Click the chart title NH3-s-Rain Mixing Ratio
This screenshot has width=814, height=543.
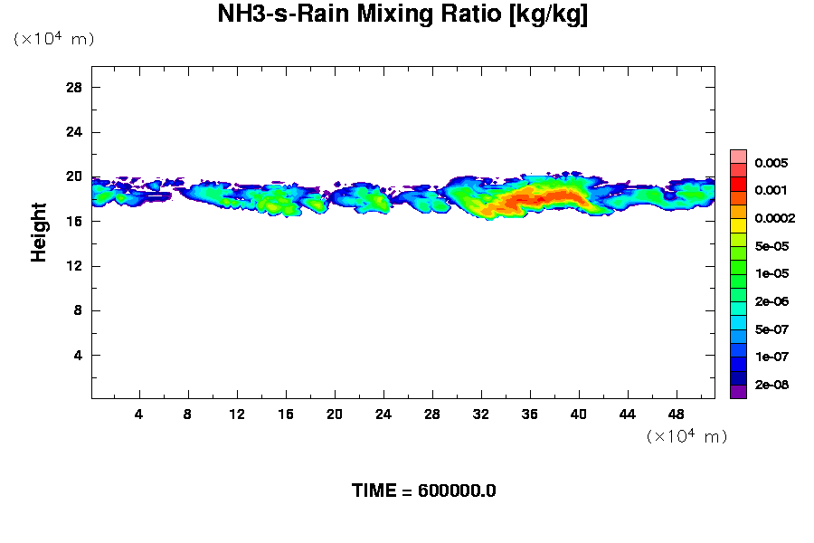point(403,15)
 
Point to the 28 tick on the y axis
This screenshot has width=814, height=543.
point(75,87)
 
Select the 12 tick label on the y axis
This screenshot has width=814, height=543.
point(75,265)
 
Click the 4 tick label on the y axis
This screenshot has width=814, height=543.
point(79,355)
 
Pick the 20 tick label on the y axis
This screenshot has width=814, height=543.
point(75,176)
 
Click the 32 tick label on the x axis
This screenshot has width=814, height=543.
point(481,414)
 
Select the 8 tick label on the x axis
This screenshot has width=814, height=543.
point(188,414)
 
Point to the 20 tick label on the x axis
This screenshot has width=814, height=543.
point(335,414)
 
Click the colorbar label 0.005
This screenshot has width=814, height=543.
point(771,163)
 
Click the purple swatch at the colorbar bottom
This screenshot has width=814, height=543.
point(738,392)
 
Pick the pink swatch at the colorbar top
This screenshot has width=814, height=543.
point(738,156)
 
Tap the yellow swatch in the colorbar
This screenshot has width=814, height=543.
point(738,225)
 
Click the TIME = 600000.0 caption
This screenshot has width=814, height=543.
point(423,491)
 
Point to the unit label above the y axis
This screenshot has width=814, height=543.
point(53,39)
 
